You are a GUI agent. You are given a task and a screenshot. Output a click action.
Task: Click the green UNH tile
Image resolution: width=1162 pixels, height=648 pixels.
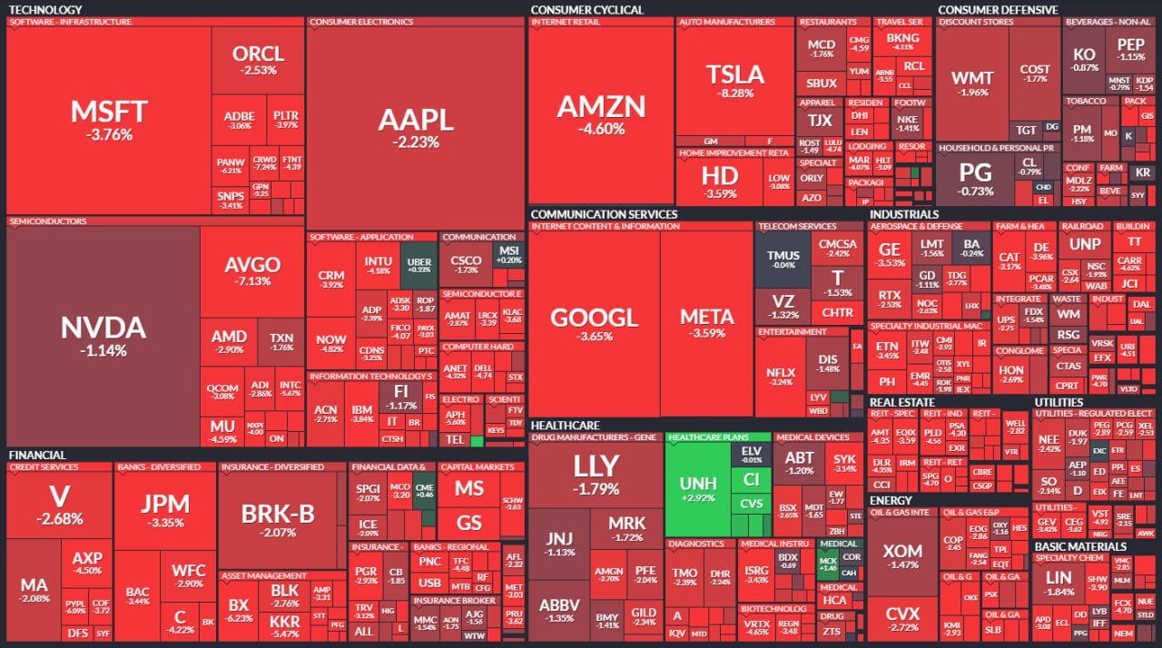pyautogui.click(x=697, y=490)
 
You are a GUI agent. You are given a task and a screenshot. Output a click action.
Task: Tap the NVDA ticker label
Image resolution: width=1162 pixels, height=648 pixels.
pyautogui.click(x=103, y=328)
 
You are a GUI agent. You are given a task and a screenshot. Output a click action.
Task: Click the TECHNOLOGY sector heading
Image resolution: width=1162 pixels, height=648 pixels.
pyautogui.click(x=44, y=10)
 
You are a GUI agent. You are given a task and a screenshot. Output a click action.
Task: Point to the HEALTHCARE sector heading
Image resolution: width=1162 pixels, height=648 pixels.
pyautogui.click(x=565, y=425)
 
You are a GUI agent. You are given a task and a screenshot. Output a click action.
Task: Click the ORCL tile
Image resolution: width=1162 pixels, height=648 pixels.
pyautogui.click(x=258, y=60)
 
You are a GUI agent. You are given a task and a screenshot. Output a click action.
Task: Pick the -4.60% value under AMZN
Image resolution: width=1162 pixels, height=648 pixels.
pyautogui.click(x=601, y=129)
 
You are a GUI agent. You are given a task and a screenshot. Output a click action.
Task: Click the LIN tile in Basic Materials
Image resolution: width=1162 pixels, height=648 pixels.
pyautogui.click(x=1059, y=584)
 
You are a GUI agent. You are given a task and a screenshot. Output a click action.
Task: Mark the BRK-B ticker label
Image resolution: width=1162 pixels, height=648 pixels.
pyautogui.click(x=277, y=515)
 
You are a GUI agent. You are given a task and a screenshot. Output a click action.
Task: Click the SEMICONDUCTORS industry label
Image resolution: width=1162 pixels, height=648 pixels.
pyautogui.click(x=47, y=221)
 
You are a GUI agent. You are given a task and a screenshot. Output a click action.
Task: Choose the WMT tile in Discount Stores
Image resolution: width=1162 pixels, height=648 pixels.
pyautogui.click(x=971, y=83)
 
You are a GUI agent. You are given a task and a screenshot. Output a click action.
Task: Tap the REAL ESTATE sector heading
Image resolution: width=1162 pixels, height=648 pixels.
pyautogui.click(x=901, y=402)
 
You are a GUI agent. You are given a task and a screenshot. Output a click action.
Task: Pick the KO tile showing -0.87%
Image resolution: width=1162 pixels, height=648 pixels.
pyautogui.click(x=1084, y=59)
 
